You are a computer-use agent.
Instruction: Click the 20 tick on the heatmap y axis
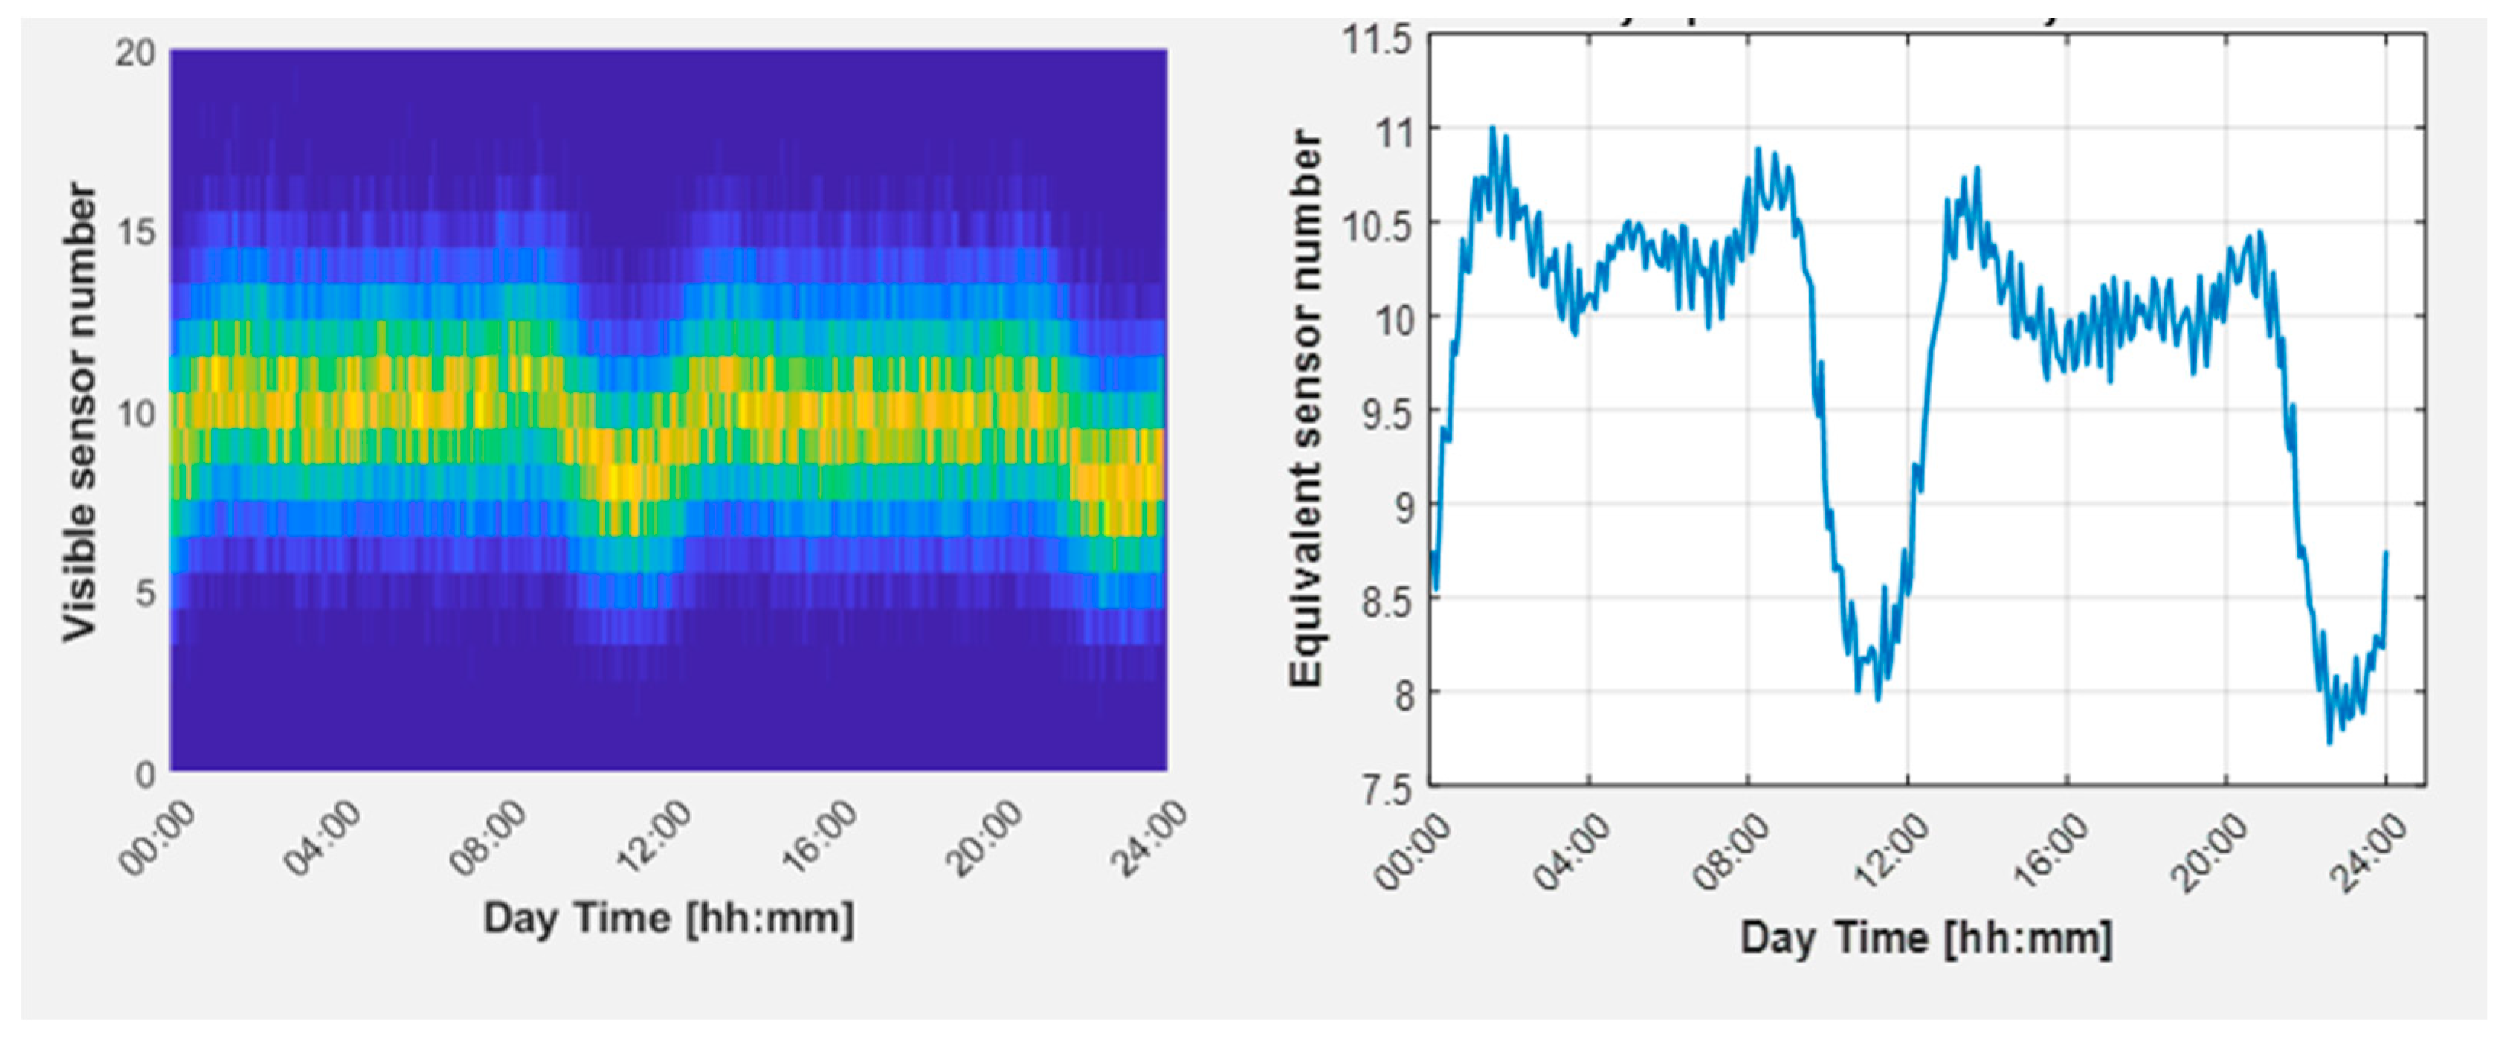click(134, 53)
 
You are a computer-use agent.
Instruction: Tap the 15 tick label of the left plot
click(134, 233)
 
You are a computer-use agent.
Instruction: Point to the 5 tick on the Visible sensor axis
click(144, 593)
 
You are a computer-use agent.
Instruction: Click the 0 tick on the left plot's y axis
click(144, 774)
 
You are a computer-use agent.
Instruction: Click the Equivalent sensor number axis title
click(1306, 409)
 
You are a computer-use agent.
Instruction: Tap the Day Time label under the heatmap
click(668, 918)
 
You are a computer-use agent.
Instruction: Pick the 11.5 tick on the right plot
click(1376, 41)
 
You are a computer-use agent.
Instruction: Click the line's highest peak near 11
click(1493, 127)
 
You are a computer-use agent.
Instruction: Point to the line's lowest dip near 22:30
click(2329, 743)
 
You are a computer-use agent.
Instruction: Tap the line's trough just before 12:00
click(1878, 699)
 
